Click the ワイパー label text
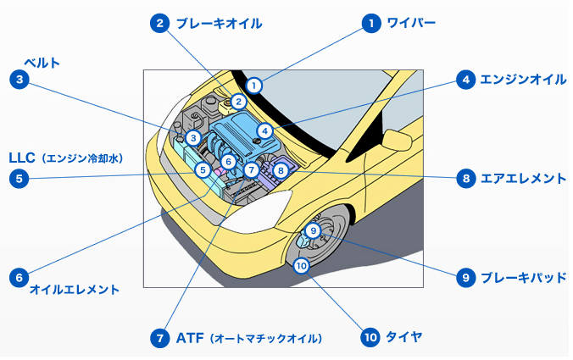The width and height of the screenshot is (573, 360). pyautogui.click(x=411, y=23)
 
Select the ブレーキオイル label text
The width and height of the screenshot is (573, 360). pyautogui.click(x=219, y=24)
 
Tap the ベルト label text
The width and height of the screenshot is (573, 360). pyautogui.click(x=42, y=63)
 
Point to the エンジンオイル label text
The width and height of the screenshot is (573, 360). pyautogui.click(x=523, y=80)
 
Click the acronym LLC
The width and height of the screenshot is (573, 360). pyautogui.click(x=22, y=158)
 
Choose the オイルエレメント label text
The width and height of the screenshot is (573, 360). pyautogui.click(x=75, y=290)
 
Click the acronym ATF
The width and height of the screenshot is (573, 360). pyautogui.click(x=190, y=338)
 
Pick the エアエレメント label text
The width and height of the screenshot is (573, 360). pyautogui.click(x=523, y=179)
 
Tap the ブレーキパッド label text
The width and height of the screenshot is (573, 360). pyautogui.click(x=523, y=278)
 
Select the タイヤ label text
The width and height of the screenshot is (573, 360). pyautogui.click(x=404, y=336)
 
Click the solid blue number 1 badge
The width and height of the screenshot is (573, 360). pyautogui.click(x=371, y=24)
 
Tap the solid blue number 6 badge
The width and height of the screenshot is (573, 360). pyautogui.click(x=19, y=278)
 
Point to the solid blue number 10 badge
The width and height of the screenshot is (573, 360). pyautogui.click(x=370, y=336)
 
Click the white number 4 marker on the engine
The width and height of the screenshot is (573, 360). pyautogui.click(x=265, y=131)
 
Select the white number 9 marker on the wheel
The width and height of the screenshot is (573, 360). pyautogui.click(x=313, y=230)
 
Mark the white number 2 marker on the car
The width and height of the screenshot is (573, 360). pyautogui.click(x=239, y=102)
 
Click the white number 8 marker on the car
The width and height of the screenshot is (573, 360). pyautogui.click(x=281, y=170)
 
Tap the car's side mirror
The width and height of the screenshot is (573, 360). pyautogui.click(x=398, y=140)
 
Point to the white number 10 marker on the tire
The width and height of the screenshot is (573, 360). pyautogui.click(x=301, y=266)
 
